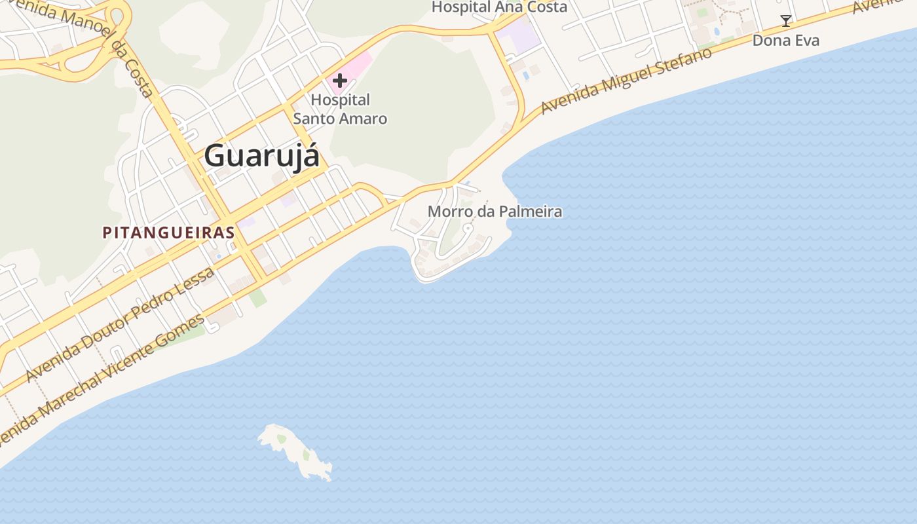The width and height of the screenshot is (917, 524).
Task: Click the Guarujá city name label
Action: pos(262,157)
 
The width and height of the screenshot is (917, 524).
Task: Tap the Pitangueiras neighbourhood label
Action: pos(168,233)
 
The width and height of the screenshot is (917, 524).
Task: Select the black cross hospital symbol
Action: pos(339,81)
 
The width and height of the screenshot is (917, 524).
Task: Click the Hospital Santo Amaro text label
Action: pos(340,109)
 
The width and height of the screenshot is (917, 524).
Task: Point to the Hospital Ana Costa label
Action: pos(499,7)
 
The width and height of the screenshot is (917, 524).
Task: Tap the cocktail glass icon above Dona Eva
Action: pos(785,21)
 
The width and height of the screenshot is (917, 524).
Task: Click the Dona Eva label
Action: pos(785,41)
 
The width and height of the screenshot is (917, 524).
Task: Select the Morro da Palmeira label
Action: pos(495,212)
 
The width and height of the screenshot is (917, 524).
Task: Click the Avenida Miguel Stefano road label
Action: pos(627,81)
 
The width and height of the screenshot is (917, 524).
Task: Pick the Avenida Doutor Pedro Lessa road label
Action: pos(121,325)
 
